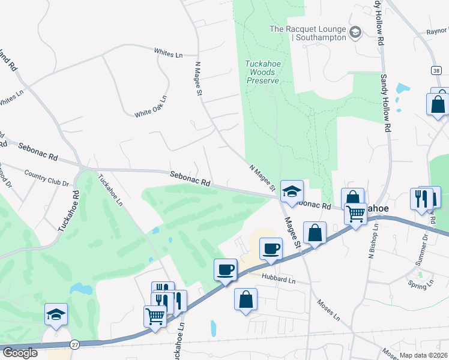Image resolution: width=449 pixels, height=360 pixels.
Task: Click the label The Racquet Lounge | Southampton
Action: click(x=309, y=33)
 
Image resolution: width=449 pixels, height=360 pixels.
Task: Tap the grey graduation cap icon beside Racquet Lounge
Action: click(x=355, y=31)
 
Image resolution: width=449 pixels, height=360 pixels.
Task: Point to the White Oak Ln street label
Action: click(x=151, y=106)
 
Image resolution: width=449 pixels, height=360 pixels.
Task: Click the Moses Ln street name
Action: click(x=328, y=310)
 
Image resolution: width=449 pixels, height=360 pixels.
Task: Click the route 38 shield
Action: click(x=435, y=70)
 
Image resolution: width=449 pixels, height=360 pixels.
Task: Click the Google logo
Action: click(x=20, y=353)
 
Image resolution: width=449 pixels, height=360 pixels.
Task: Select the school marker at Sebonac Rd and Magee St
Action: click(x=292, y=192)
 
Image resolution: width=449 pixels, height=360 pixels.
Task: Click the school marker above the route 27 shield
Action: click(x=56, y=314)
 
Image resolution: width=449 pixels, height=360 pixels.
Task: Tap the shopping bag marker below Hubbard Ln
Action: click(x=246, y=299)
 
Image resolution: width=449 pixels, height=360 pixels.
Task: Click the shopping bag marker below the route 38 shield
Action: click(x=438, y=103)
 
